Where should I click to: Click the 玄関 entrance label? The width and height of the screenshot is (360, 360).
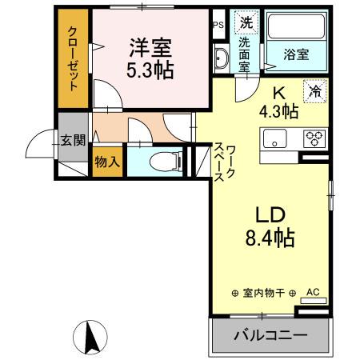72,141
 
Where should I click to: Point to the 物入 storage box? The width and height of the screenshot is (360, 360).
107,162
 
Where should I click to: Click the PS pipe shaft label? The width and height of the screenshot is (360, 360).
218,25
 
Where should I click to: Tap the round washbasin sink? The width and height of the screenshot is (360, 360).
221,57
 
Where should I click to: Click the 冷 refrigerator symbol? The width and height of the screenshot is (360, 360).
316,92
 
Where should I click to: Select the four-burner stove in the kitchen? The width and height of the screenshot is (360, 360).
313,138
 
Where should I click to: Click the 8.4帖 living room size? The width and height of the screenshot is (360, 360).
270,238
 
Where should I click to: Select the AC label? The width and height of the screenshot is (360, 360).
313,292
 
